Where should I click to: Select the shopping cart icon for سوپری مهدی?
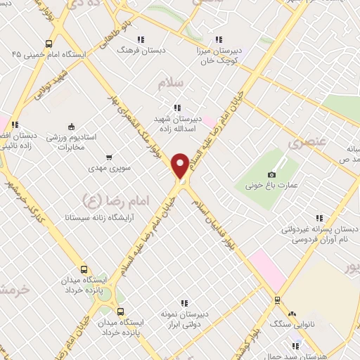pos(108,157)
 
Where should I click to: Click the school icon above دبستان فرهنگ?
pos(141,39)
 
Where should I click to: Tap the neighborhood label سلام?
pos(171,83)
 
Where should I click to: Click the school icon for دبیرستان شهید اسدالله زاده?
pos(177,108)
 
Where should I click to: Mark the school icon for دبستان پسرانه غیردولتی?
pos(320,218)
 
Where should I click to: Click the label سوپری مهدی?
pos(107,169)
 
